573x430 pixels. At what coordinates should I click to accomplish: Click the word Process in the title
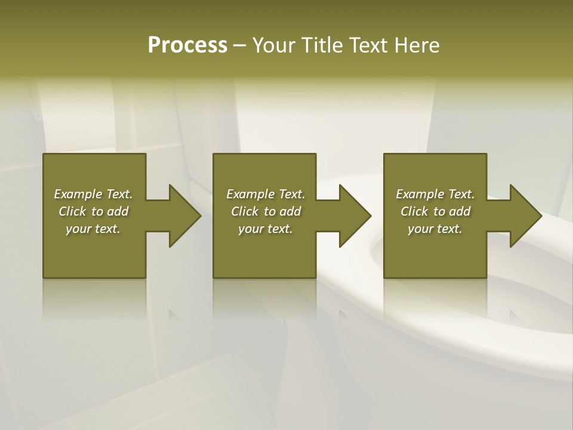(x=187, y=45)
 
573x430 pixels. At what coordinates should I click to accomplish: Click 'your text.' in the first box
(x=93, y=229)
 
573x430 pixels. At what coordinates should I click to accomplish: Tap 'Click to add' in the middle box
(x=266, y=211)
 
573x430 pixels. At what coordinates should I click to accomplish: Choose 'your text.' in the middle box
(x=266, y=229)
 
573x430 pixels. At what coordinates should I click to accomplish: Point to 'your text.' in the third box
(x=435, y=229)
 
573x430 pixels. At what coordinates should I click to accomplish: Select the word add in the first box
(x=118, y=211)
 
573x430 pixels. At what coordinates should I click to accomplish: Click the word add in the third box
(x=460, y=211)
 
